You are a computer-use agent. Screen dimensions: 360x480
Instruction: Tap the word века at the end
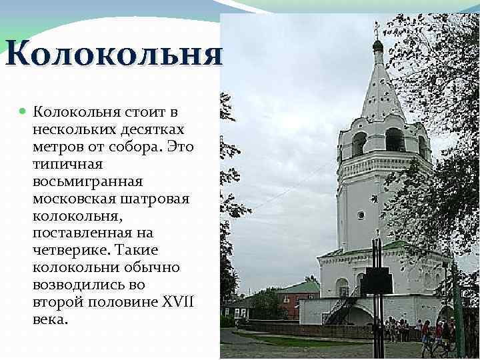49,319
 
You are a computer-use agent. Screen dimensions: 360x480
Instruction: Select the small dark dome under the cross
377,45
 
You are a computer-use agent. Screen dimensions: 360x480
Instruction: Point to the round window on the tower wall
361,215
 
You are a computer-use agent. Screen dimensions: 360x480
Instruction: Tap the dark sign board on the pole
377,281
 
